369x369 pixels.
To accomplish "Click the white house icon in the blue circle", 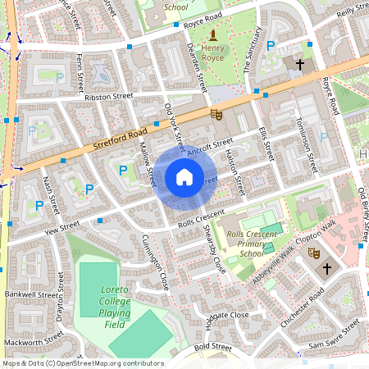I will pyautogui.click(x=184, y=176).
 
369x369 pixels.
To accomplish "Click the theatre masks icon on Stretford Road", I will pyautogui.click(x=216, y=115).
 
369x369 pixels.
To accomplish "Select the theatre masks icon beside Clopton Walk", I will pyautogui.click(x=312, y=255).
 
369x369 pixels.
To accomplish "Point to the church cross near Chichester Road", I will pyautogui.click(x=327, y=268).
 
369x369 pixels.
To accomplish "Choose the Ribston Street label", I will pyautogui.click(x=108, y=96).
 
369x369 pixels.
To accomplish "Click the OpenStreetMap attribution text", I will pyautogui.click(x=82, y=362).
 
